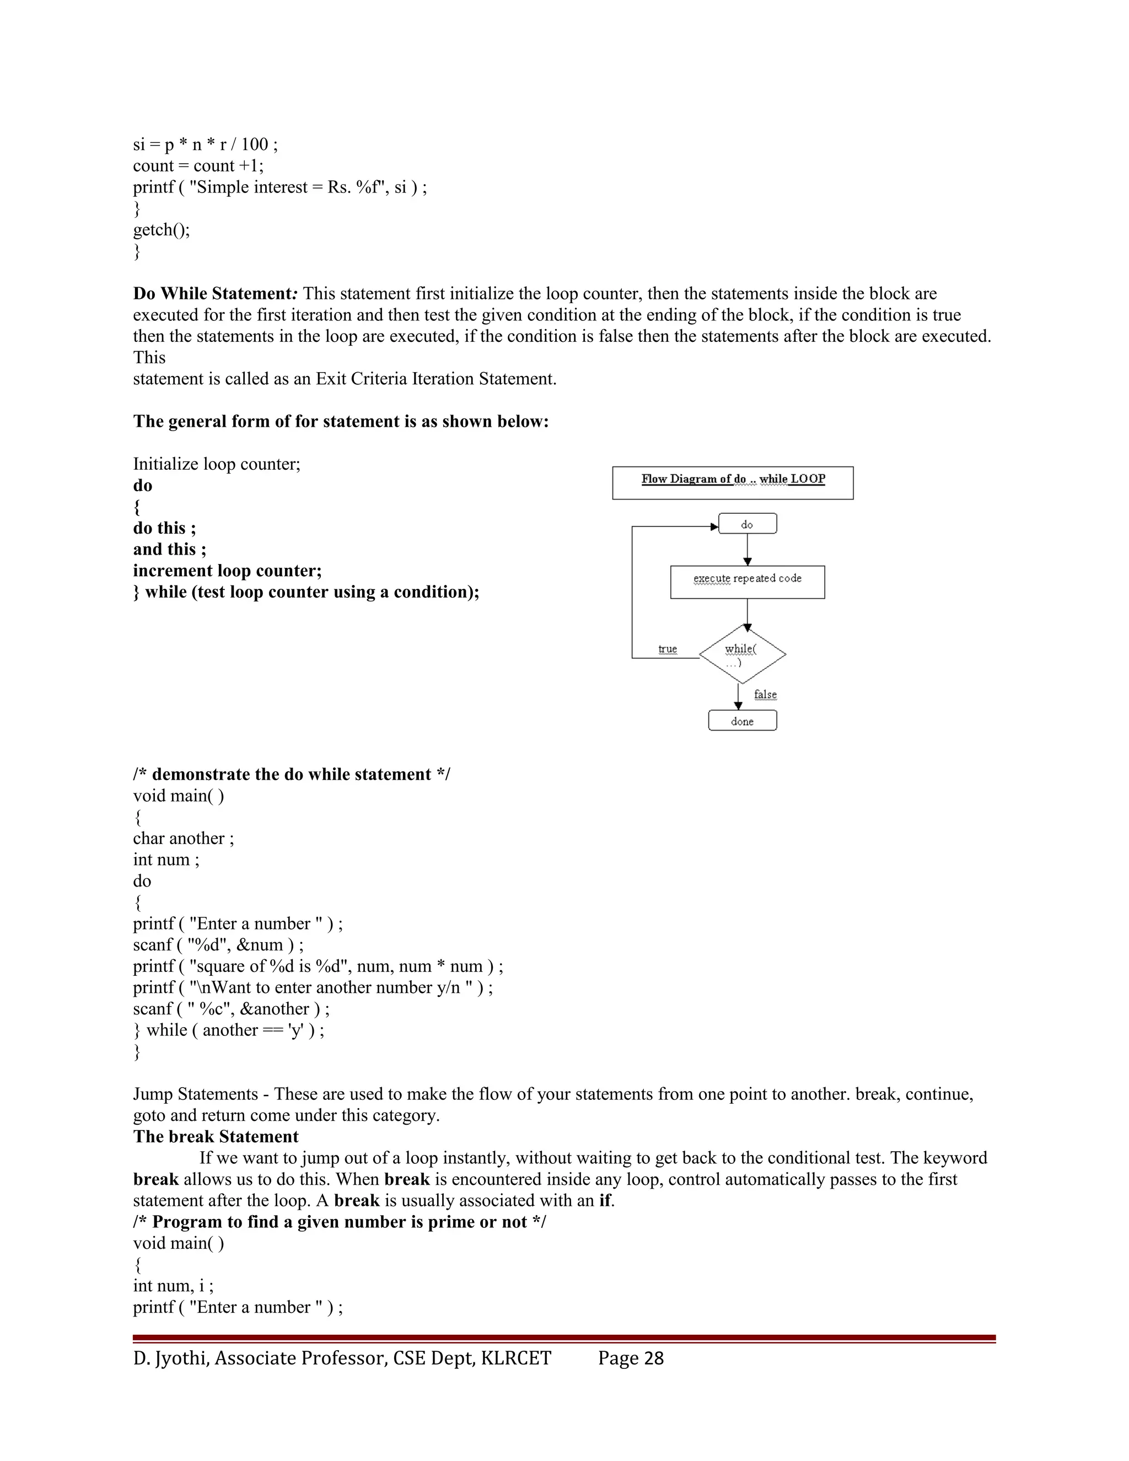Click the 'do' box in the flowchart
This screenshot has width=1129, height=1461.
(x=747, y=524)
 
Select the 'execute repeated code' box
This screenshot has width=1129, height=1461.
(x=747, y=581)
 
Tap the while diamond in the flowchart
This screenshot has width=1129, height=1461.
(x=742, y=654)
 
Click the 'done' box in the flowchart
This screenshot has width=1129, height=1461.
(x=742, y=721)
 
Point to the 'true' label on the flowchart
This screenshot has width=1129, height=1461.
(x=667, y=649)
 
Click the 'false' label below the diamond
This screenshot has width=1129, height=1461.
(x=765, y=694)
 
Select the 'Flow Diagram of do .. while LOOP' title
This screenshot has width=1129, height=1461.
(x=733, y=479)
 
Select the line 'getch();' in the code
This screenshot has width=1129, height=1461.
(x=161, y=230)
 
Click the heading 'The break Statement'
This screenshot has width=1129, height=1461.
(x=216, y=1137)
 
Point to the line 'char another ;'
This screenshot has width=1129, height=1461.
(x=183, y=838)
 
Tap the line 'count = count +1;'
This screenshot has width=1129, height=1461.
(x=198, y=166)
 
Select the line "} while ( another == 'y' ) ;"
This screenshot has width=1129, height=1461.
(x=228, y=1030)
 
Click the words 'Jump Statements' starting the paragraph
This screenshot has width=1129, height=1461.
(x=195, y=1094)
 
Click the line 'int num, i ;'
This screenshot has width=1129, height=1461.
(x=173, y=1286)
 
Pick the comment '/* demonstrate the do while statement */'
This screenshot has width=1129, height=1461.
(x=291, y=774)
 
